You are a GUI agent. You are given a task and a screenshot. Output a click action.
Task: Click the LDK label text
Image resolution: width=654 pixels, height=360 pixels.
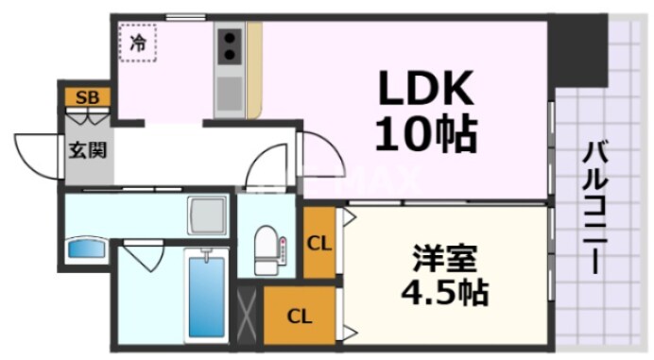(x=424, y=92)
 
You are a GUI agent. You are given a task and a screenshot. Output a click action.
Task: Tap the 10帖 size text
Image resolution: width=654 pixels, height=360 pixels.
(x=424, y=135)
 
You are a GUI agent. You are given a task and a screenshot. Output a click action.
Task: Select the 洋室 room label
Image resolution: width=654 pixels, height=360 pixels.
(x=444, y=258)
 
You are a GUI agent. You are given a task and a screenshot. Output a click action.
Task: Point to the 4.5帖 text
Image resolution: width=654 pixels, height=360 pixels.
(x=444, y=291)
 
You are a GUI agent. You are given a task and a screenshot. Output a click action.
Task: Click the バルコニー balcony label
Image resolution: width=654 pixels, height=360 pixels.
(x=594, y=208)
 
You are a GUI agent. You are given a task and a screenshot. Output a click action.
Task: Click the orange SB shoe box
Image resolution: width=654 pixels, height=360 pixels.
(x=87, y=96)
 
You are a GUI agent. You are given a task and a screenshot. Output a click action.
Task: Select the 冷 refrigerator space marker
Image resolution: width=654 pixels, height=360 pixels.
(x=139, y=43)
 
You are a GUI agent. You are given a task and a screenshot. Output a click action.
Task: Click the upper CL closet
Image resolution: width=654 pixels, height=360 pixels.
(x=320, y=244)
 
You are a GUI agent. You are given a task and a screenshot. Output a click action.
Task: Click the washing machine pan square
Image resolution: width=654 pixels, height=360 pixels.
(x=208, y=214)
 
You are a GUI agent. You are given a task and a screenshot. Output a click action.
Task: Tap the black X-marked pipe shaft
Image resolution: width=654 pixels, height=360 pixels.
(x=250, y=315)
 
